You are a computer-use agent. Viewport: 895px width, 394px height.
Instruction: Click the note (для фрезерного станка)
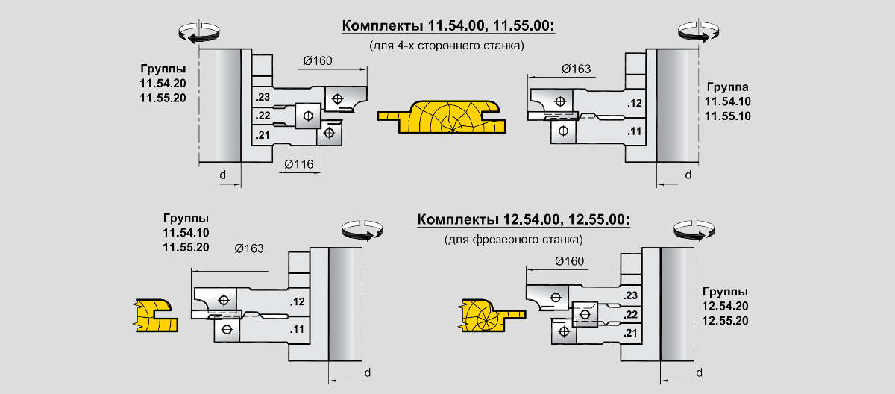tap(513, 240)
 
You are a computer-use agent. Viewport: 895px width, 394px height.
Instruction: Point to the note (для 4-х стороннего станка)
tap(447, 46)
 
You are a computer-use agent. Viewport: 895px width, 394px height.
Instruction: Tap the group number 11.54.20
tap(163, 83)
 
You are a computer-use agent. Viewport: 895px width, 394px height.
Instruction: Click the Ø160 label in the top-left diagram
tap(318, 61)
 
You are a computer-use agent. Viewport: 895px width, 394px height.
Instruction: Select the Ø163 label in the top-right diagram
tap(576, 69)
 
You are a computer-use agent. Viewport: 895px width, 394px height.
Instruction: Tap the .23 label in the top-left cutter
tap(262, 98)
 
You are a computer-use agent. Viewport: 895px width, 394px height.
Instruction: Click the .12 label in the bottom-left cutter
tap(298, 302)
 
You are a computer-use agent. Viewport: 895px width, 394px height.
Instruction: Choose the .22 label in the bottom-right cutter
tap(631, 315)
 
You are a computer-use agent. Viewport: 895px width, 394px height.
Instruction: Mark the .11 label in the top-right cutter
tap(635, 131)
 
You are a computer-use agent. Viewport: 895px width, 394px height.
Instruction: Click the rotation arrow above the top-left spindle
tap(200, 33)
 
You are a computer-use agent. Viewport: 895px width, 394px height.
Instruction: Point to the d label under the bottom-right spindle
tap(699, 372)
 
